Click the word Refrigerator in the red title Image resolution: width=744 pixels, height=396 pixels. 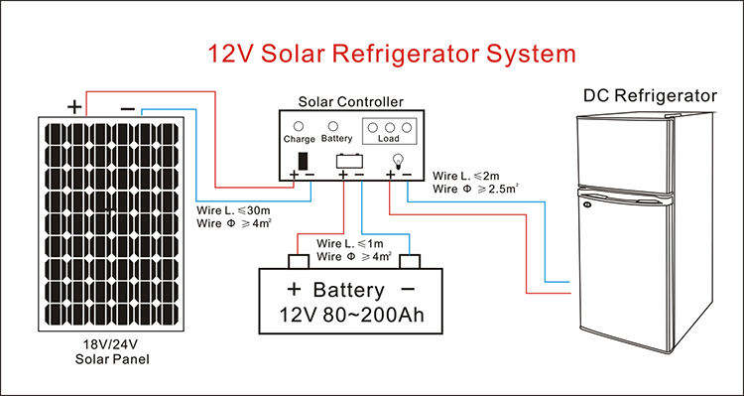405,54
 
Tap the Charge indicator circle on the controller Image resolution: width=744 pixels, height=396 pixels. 299,127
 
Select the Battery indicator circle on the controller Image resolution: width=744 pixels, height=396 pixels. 333,126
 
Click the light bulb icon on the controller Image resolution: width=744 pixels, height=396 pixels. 398,161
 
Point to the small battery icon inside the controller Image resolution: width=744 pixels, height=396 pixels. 350,161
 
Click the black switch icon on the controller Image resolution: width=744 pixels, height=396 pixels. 303,161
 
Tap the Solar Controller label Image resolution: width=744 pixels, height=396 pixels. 350,101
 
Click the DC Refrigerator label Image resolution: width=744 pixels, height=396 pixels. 650,96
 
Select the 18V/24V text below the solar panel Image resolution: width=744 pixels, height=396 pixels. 112,344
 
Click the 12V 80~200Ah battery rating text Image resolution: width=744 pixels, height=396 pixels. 351,316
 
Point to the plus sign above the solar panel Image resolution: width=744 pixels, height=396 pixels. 74,108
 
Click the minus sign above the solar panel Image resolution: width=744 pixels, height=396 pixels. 128,110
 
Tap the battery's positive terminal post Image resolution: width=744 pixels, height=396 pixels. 299,262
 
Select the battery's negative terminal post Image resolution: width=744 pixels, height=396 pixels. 410,262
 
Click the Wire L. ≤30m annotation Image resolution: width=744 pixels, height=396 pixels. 231,209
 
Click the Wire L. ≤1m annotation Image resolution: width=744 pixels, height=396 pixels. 350,244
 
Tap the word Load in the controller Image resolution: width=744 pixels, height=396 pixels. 389,139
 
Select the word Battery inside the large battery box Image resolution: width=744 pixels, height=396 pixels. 349,290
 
